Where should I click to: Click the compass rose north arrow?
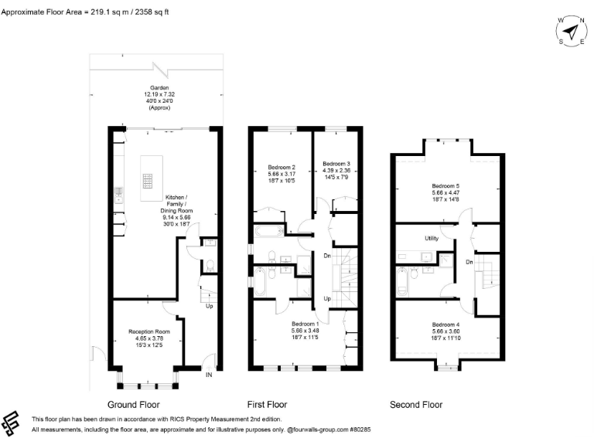pyautogui.click(x=570, y=32)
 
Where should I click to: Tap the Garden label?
pyautogui.click(x=159, y=88)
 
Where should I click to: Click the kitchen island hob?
pyautogui.click(x=145, y=181)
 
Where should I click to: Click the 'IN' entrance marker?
pyautogui.click(x=208, y=375)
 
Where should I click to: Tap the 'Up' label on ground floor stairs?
pyautogui.click(x=209, y=306)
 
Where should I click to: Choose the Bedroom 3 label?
pyautogui.click(x=336, y=164)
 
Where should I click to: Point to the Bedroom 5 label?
pyautogui.click(x=445, y=185)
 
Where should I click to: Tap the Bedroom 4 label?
pyautogui.click(x=445, y=324)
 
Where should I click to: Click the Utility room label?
pyautogui.click(x=432, y=239)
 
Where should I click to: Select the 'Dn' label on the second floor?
pyautogui.click(x=469, y=262)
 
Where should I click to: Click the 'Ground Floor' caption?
pyautogui.click(x=134, y=404)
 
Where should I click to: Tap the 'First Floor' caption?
pyautogui.click(x=268, y=404)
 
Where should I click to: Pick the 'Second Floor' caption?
pyautogui.click(x=416, y=404)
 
